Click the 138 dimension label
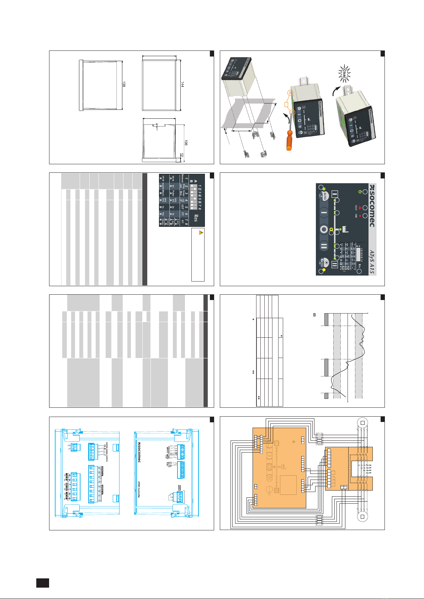pyautogui.click(x=124, y=84)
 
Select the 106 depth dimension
pyautogui.click(x=186, y=143)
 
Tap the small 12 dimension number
pyautogui.click(x=182, y=156)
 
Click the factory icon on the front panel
pyautogui.click(x=345, y=229)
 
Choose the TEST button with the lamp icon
pyautogui.click(x=324, y=262)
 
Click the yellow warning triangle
pyautogui.click(x=201, y=232)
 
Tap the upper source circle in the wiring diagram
pyautogui.click(x=363, y=423)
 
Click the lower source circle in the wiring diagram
pyautogui.click(x=363, y=517)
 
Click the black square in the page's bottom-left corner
pyautogui.click(x=42, y=583)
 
